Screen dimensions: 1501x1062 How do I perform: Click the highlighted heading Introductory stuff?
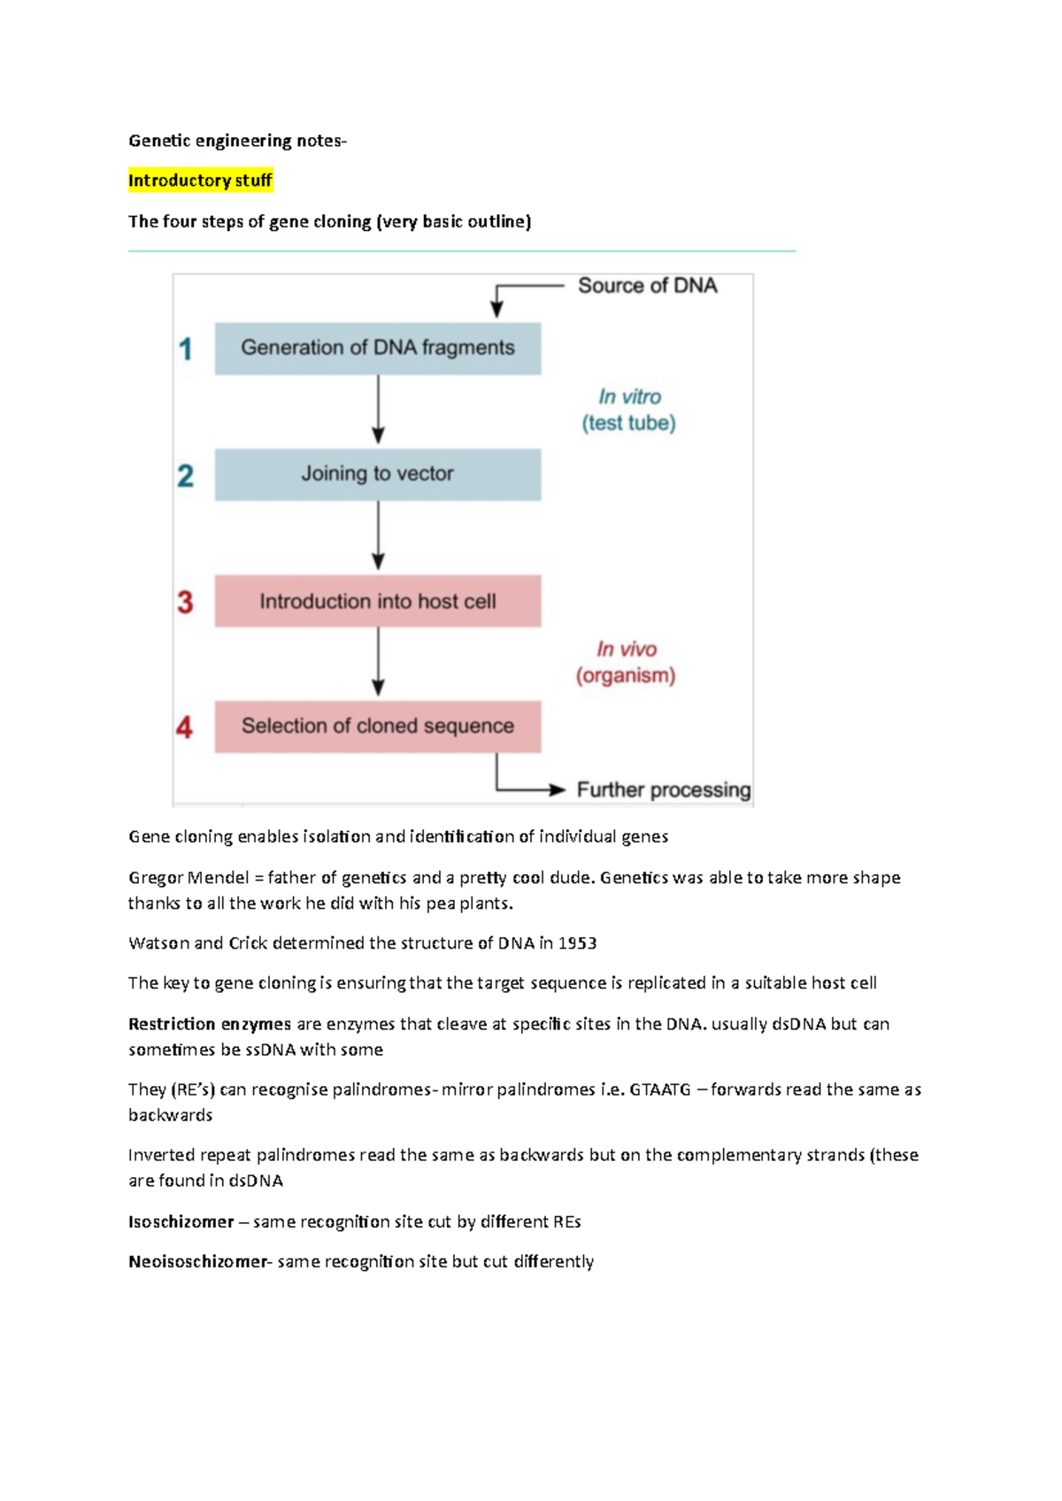[x=200, y=181]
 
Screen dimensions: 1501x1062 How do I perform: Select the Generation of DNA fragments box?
[x=378, y=348]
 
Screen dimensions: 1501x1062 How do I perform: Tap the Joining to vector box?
[x=378, y=474]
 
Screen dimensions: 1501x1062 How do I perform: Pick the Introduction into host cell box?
[x=378, y=602]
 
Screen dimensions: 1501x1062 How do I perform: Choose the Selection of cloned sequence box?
[x=378, y=727]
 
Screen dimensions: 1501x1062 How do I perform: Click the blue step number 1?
[x=185, y=349]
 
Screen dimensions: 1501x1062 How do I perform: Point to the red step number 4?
[x=184, y=727]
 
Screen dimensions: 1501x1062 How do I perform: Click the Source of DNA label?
[x=647, y=286]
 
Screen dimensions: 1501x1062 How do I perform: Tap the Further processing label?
[x=663, y=789]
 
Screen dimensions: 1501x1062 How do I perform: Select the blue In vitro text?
[x=629, y=396]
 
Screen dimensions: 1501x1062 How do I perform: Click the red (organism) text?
[x=626, y=676]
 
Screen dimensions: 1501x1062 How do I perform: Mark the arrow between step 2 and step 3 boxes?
[x=378, y=536]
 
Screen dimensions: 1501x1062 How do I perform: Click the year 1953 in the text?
[x=577, y=943]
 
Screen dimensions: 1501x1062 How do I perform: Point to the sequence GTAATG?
[x=659, y=1089]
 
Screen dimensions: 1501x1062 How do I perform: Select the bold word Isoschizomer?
[x=181, y=1222]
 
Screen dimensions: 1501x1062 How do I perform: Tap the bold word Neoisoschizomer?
[x=197, y=1262]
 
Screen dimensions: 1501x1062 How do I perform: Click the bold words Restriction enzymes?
[x=210, y=1024]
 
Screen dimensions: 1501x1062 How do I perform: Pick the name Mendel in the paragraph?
[x=218, y=878]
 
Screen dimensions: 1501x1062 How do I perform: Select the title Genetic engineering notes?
[x=235, y=141]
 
